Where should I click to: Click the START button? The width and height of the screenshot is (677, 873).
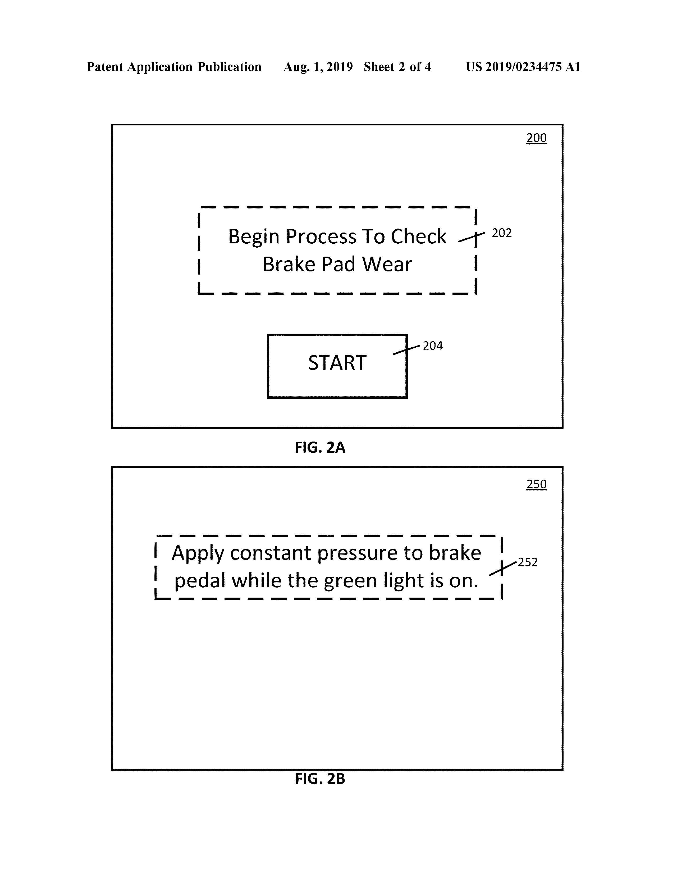[x=337, y=366]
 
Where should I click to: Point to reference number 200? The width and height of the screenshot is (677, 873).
[x=536, y=138]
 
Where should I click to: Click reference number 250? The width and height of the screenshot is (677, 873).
[x=536, y=484]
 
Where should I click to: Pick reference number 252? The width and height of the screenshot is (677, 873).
[x=528, y=562]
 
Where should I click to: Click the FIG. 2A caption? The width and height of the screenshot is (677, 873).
[x=320, y=447]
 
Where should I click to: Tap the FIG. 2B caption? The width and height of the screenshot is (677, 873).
[x=320, y=779]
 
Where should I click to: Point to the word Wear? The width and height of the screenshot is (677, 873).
[x=387, y=264]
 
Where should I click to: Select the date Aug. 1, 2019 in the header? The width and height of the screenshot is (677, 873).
[x=318, y=67]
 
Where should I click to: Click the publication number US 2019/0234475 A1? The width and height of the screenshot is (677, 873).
[x=523, y=67]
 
